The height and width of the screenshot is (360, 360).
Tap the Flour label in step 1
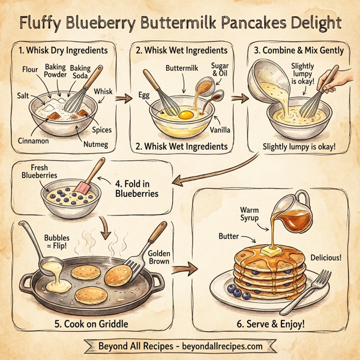30,70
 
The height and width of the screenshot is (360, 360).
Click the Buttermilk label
181,69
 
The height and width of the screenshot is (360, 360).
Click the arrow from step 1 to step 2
123,100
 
